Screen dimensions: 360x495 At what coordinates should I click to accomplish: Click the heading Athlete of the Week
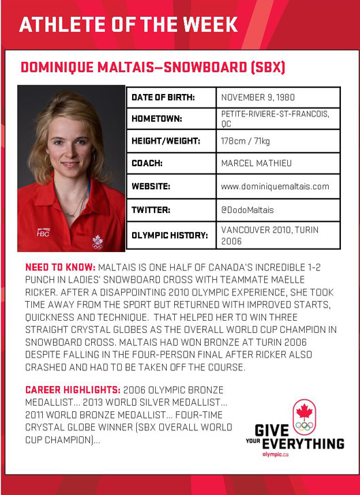click(x=129, y=25)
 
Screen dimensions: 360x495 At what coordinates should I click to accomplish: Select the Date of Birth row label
click(x=163, y=97)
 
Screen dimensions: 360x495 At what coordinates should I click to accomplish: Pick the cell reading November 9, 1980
click(x=258, y=97)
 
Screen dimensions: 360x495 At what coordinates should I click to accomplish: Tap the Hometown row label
click(x=157, y=118)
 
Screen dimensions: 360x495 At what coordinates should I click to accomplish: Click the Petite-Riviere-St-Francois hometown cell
click(x=275, y=118)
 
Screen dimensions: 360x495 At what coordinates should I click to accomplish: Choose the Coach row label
click(x=148, y=163)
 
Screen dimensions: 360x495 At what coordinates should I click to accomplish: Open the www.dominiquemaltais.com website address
click(x=275, y=186)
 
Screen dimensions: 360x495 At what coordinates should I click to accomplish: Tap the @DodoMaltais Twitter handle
click(x=248, y=210)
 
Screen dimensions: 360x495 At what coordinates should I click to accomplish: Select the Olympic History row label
click(x=169, y=235)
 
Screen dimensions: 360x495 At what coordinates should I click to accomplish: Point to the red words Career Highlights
click(x=72, y=390)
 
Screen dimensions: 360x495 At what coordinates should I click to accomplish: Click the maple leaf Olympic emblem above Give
click(x=304, y=416)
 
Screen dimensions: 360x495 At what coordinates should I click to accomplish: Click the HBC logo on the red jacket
click(x=43, y=231)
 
